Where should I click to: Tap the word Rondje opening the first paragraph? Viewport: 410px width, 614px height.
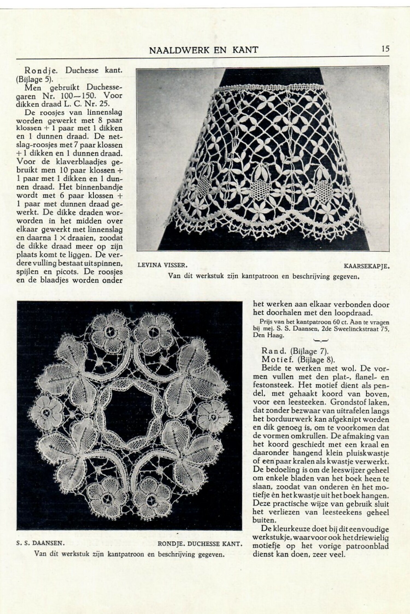(x=40, y=70)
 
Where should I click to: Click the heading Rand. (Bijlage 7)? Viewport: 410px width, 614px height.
(x=293, y=351)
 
